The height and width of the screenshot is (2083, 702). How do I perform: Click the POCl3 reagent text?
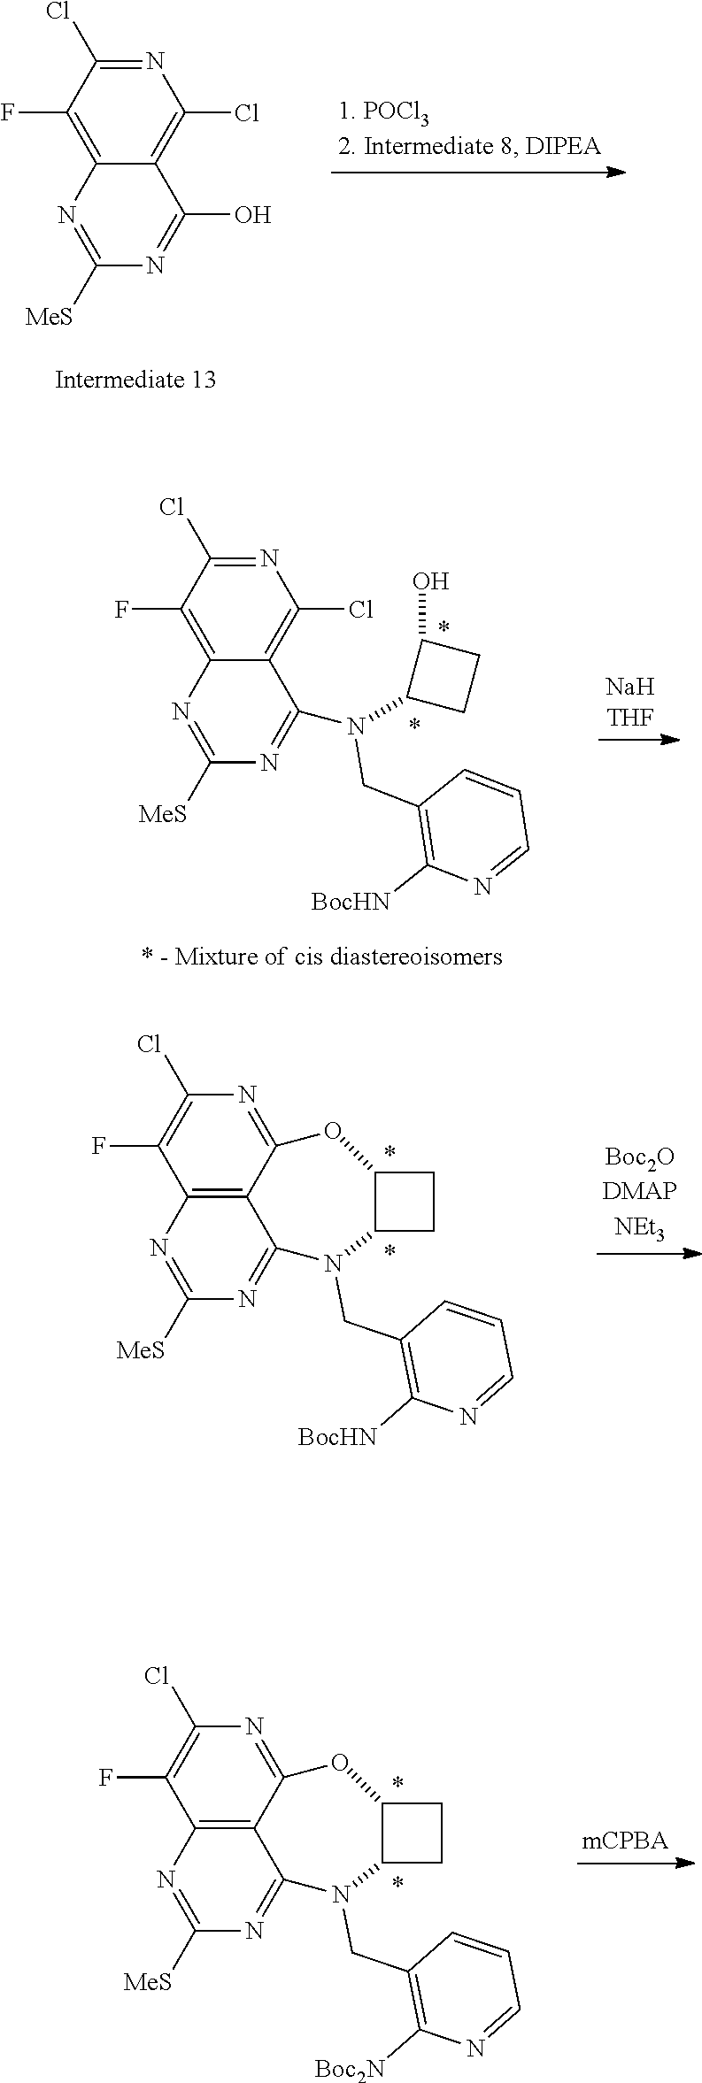(x=383, y=113)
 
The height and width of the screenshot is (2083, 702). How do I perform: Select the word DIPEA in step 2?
(x=563, y=146)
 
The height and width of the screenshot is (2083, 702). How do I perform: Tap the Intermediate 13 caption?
(x=135, y=380)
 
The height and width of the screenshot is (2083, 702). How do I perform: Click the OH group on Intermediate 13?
(x=252, y=215)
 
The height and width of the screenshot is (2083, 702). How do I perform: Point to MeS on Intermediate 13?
(x=50, y=317)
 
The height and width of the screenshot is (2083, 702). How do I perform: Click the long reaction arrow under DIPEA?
(x=478, y=172)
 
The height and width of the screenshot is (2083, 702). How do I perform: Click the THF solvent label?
(x=629, y=717)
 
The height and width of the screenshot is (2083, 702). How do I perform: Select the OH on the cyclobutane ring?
(x=430, y=581)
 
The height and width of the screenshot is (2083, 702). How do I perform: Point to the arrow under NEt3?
(x=648, y=1254)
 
